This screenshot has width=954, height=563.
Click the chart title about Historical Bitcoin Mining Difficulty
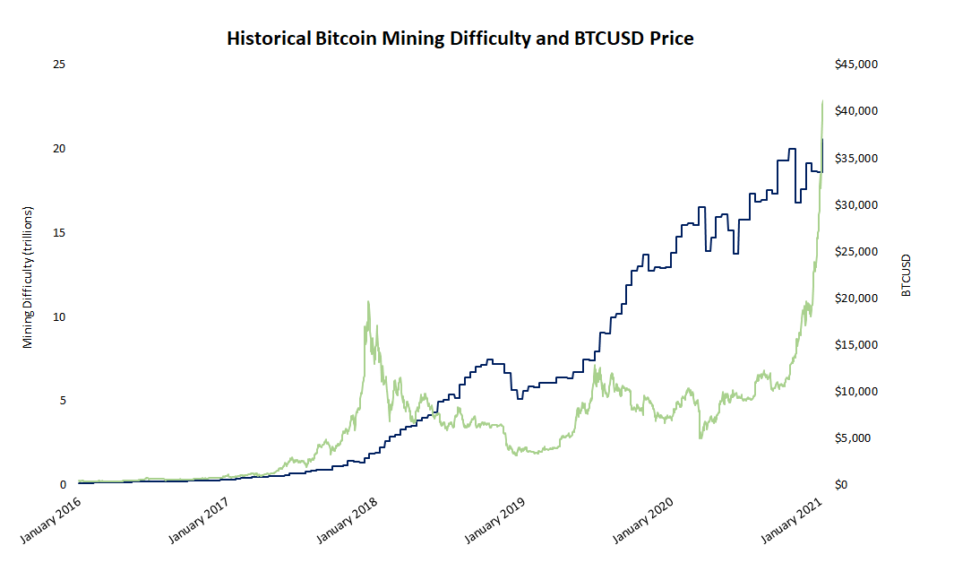(x=460, y=39)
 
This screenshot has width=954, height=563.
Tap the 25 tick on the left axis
(x=60, y=65)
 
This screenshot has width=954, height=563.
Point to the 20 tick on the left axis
(x=60, y=149)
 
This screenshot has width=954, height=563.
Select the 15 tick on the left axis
(x=60, y=233)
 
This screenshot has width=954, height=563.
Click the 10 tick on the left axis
(x=60, y=317)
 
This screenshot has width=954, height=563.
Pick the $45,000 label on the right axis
(x=857, y=65)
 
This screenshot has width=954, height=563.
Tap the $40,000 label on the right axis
(x=857, y=111)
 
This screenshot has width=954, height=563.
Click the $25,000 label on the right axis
(x=857, y=252)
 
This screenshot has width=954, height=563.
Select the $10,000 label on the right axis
(x=857, y=392)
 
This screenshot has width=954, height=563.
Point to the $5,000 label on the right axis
(x=859, y=438)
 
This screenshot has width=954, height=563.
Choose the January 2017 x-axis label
(x=202, y=520)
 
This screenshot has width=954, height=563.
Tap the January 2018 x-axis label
(x=351, y=520)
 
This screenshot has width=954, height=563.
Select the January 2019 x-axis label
(x=500, y=520)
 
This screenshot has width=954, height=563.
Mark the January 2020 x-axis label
(x=649, y=520)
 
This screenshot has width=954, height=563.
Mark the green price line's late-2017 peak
(x=368, y=302)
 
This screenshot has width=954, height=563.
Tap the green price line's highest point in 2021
(x=822, y=101)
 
